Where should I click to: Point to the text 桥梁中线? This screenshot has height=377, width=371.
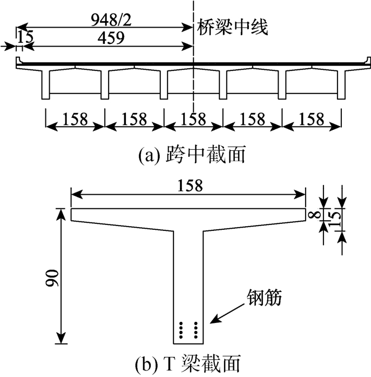pyautogui.click(x=232, y=27)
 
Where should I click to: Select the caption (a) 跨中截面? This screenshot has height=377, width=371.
pyautogui.click(x=192, y=156)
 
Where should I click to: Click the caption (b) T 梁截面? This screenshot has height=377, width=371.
pyautogui.click(x=190, y=363)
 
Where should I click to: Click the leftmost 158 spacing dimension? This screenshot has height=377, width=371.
pyautogui.click(x=75, y=119)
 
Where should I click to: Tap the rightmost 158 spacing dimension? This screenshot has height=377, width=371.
pyautogui.click(x=312, y=119)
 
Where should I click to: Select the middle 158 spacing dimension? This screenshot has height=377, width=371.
pyautogui.click(x=193, y=119)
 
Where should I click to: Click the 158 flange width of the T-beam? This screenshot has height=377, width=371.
pyautogui.click(x=188, y=186)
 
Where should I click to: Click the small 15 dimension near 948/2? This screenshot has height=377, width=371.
pyautogui.click(x=24, y=38)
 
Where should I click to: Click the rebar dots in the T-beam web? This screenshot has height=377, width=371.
pyautogui.click(x=189, y=328)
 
